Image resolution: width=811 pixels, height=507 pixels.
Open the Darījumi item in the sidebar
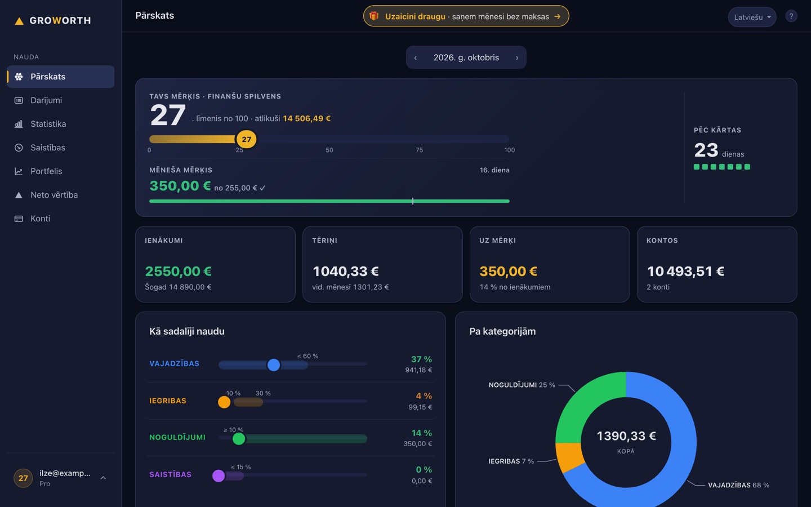point(46,100)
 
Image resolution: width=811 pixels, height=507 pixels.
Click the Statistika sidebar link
point(48,124)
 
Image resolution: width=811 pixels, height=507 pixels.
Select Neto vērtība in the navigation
point(54,195)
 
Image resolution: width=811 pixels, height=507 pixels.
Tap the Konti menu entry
point(40,219)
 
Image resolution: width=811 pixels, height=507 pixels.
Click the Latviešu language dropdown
point(752,17)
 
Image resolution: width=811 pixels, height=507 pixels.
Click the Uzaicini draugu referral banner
point(466,16)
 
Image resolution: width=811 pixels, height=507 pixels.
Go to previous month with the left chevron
point(416,57)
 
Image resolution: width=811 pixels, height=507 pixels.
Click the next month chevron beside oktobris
point(517,57)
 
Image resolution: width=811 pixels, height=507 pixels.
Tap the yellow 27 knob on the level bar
point(247,140)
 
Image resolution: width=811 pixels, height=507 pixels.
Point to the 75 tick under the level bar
point(419,150)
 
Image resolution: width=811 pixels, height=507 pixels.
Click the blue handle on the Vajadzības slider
point(274,364)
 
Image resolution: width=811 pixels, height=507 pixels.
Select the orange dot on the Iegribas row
point(224,402)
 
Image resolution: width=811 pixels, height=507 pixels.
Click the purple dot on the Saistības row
point(219,475)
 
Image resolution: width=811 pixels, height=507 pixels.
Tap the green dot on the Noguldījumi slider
point(239,438)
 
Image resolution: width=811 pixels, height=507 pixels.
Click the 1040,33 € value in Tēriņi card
point(345,272)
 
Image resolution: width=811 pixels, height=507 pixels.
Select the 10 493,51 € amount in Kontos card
point(685,272)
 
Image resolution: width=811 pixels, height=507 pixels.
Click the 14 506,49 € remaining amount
point(306,118)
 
